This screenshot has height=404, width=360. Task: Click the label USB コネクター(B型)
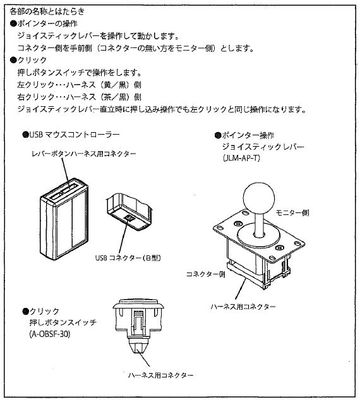[x=127, y=257]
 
